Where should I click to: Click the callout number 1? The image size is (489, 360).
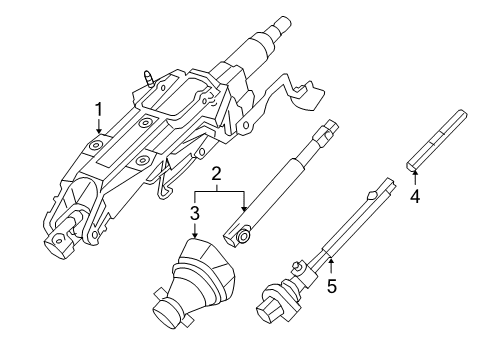pos(98,108)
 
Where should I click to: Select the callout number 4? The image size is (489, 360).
pos(415,195)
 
